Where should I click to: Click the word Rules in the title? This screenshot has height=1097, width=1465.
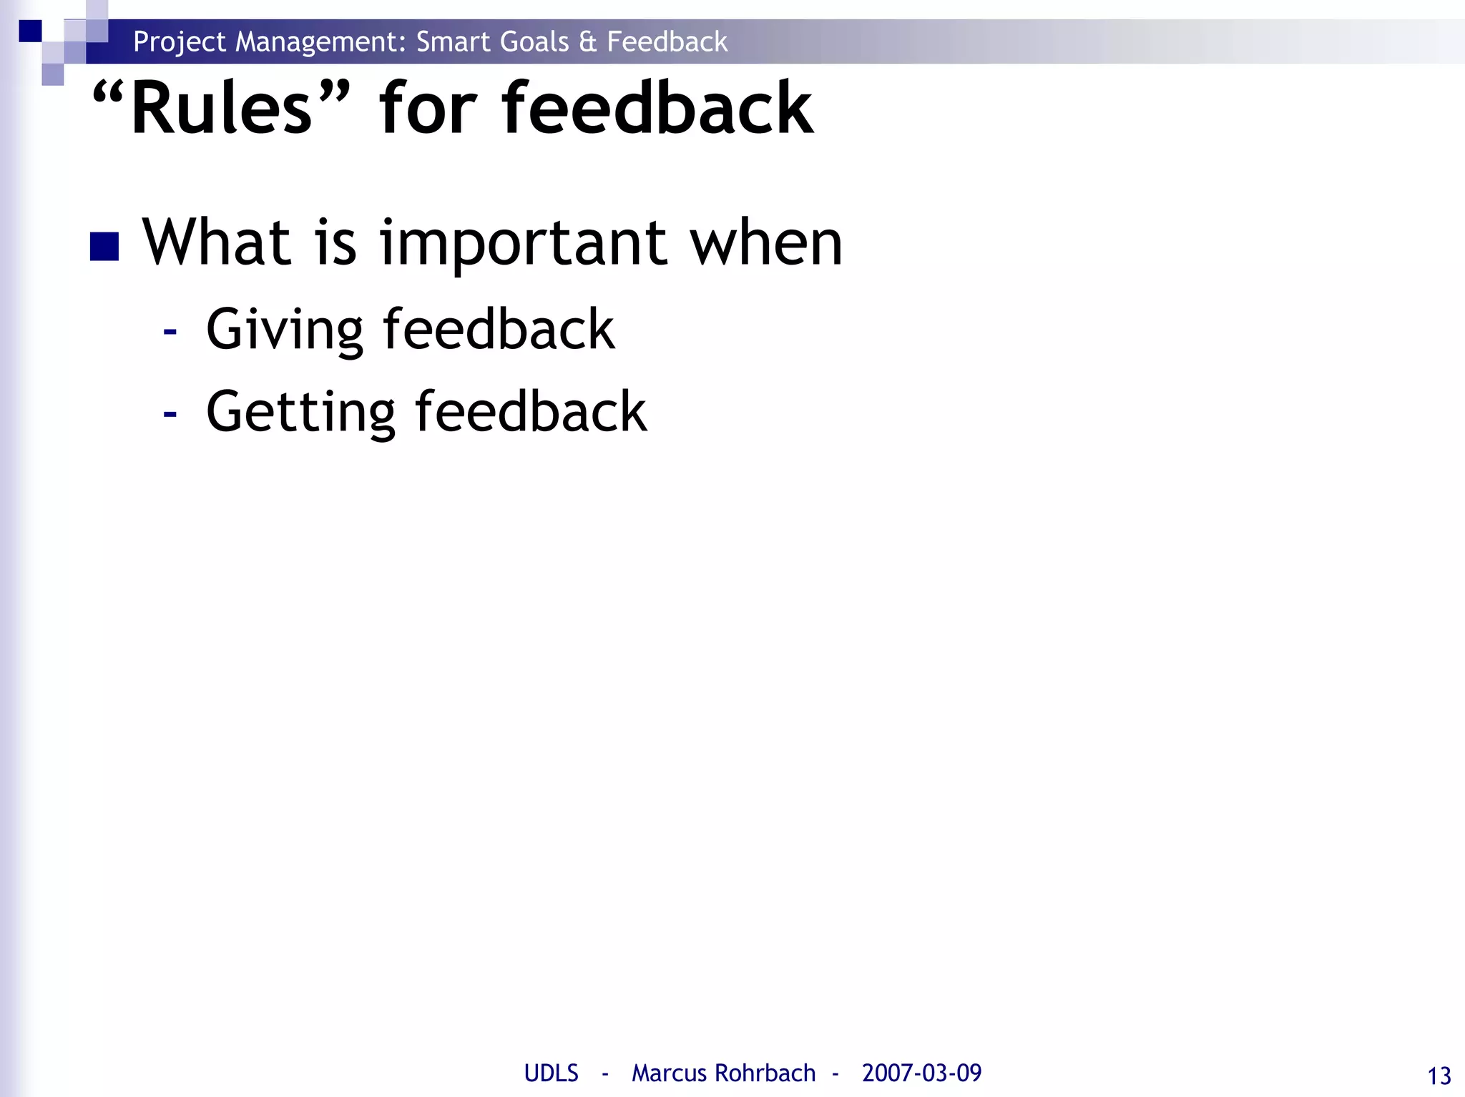tap(222, 109)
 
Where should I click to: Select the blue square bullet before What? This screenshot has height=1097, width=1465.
tap(104, 247)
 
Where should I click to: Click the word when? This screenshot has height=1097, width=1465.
tap(765, 243)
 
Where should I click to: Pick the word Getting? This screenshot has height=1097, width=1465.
tap(300, 413)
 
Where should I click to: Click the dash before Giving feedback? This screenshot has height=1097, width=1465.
tap(170, 331)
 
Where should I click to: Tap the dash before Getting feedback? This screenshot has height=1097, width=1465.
tap(170, 413)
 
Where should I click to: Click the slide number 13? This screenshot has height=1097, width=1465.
tap(1439, 1076)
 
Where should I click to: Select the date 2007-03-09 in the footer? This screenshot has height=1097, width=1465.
tap(921, 1073)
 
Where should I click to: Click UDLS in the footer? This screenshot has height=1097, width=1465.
tap(551, 1073)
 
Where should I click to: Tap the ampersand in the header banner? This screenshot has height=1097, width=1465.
tap(587, 41)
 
